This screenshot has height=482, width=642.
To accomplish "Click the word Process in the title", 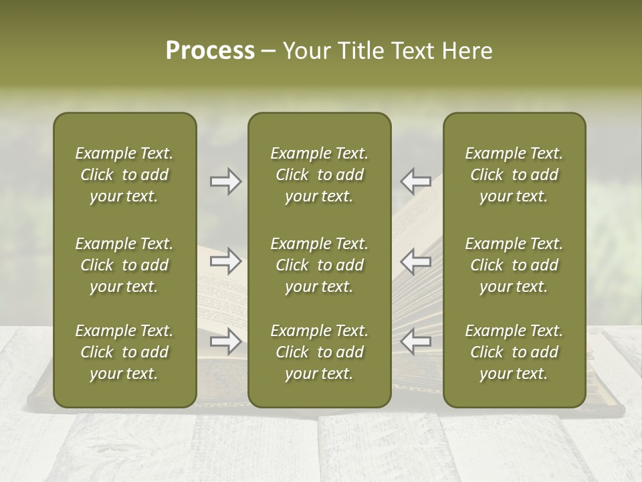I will pos(210,51).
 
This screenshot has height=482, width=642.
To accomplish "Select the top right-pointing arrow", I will pos(225,181).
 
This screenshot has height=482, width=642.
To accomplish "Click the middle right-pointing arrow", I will pos(225,261).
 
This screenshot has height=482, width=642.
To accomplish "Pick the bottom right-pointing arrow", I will pos(225,341).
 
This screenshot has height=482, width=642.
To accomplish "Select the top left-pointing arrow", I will pos(416,180).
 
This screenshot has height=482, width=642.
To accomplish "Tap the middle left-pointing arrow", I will pos(416,261).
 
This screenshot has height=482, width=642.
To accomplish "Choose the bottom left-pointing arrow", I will pos(416,341).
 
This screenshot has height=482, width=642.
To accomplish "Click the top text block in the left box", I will pos(124,175).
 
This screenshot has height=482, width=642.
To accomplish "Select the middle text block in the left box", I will pos(124,265).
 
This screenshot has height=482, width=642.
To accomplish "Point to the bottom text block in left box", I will pos(124,352).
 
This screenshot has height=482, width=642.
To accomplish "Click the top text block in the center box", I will pos(319,175).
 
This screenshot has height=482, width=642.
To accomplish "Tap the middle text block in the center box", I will pos(319,265).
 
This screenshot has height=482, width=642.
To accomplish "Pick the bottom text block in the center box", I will pos(319,352).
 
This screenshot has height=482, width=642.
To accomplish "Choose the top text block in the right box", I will pos(514,175).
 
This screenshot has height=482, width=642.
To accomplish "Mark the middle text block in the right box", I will pos(514,265).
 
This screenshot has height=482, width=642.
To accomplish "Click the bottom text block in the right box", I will pos(514,352).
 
